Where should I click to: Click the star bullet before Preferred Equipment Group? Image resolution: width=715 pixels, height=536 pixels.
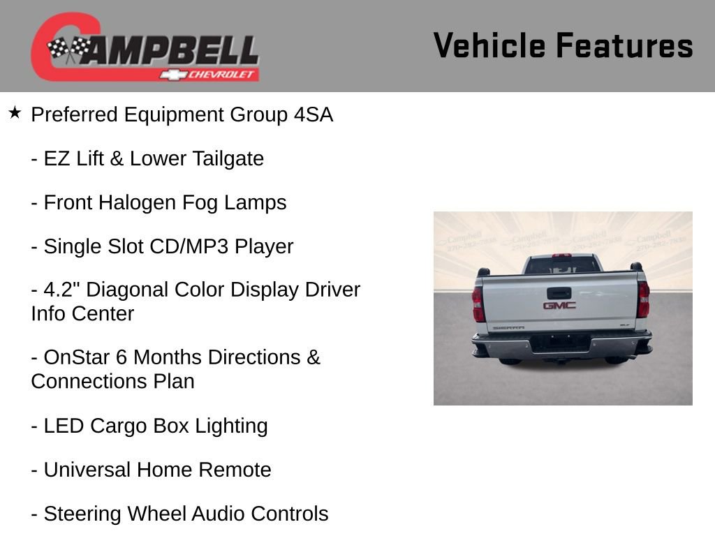pyautogui.click(x=15, y=112)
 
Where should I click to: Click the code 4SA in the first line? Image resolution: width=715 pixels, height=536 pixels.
pyautogui.click(x=313, y=115)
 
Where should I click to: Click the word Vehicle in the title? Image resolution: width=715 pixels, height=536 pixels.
pyautogui.click(x=489, y=45)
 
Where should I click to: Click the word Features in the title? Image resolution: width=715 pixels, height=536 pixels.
pyautogui.click(x=624, y=45)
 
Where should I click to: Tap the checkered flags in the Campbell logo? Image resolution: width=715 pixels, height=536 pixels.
pyautogui.click(x=68, y=48)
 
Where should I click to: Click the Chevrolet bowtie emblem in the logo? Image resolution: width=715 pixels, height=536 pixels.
pyautogui.click(x=172, y=75)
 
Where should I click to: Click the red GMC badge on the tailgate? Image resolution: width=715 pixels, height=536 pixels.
pyautogui.click(x=559, y=305)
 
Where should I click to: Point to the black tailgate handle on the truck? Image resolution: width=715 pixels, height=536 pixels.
pyautogui.click(x=559, y=292)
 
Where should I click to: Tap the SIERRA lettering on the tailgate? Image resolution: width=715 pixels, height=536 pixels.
pyautogui.click(x=508, y=327)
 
